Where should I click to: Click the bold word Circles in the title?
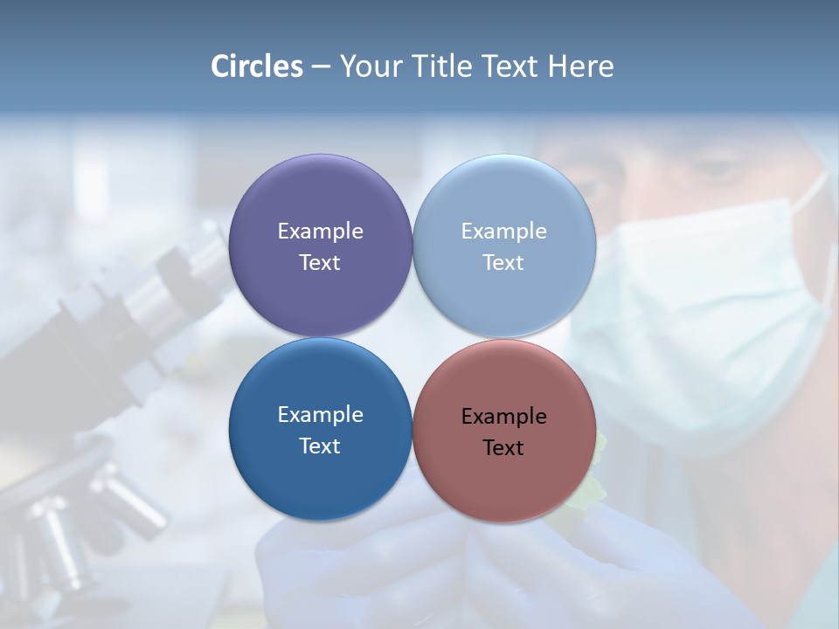point(257,66)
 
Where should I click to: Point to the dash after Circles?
point(321,67)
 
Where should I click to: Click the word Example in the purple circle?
point(320,231)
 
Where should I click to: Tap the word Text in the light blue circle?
point(503,262)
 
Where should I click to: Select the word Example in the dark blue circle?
point(320,414)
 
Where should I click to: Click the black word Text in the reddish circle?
point(503,447)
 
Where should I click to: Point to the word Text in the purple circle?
point(320,262)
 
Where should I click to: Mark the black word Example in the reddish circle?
point(503,416)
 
